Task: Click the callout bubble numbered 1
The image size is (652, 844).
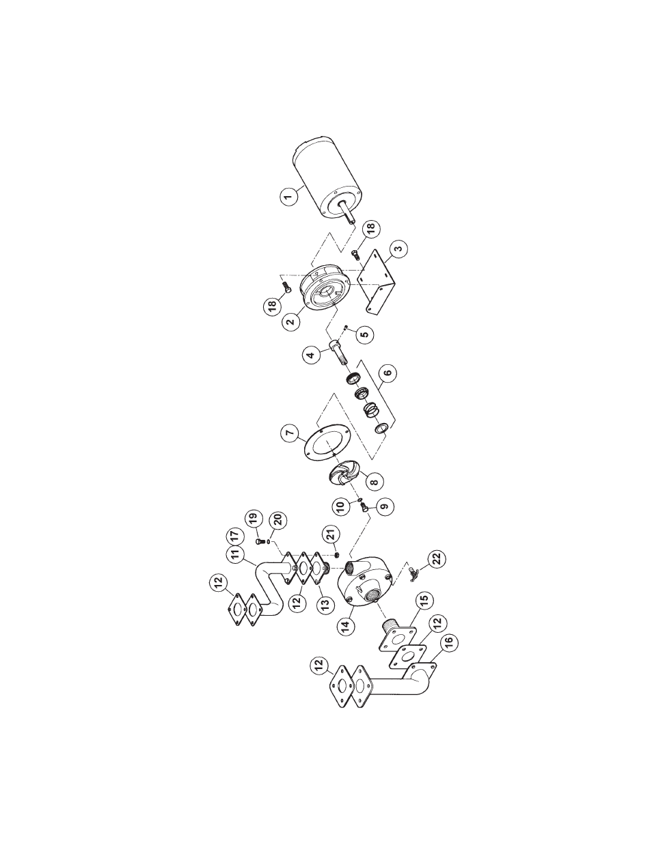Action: pos(288,198)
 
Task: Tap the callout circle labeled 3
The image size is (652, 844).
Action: pos(399,248)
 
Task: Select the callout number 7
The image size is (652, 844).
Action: pos(291,433)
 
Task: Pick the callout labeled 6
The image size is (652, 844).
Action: pos(389,373)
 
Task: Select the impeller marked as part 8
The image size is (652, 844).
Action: pos(340,472)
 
